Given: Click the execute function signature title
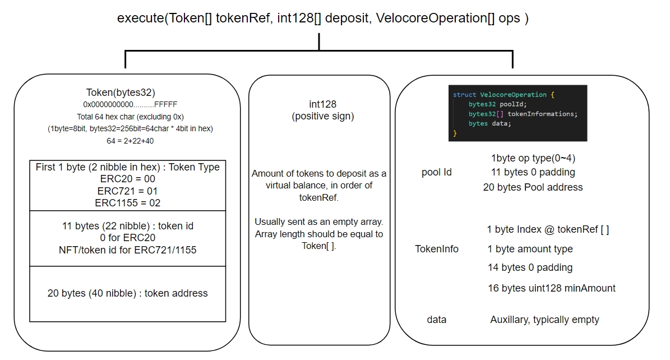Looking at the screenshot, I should (x=322, y=18).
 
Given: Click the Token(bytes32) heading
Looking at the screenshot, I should (x=120, y=93).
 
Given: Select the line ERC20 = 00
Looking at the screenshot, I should (x=127, y=179).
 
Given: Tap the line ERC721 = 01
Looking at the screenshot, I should (x=127, y=191).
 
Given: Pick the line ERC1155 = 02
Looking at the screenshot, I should (x=127, y=202).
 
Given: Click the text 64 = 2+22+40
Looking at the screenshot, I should (x=130, y=141).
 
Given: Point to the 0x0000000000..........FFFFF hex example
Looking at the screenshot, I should (x=130, y=105).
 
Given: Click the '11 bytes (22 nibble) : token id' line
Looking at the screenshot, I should (x=127, y=226).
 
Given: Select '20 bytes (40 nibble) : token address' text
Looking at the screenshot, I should (x=127, y=293).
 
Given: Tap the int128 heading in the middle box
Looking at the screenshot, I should (x=322, y=104).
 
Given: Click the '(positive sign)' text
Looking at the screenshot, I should (x=322, y=117).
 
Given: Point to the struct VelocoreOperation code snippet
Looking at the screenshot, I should (x=517, y=113).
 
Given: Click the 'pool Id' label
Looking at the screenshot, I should (x=436, y=172).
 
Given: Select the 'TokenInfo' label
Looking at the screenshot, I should (x=436, y=249).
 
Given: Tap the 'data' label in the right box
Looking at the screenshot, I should (x=436, y=320).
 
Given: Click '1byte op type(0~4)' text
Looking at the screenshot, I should (x=533, y=158).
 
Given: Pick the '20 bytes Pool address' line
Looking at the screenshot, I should (x=533, y=187).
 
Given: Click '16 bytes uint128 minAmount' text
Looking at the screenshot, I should (x=551, y=288).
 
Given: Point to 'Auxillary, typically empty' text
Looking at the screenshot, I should (x=544, y=320).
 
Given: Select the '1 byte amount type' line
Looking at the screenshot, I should (x=530, y=249).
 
